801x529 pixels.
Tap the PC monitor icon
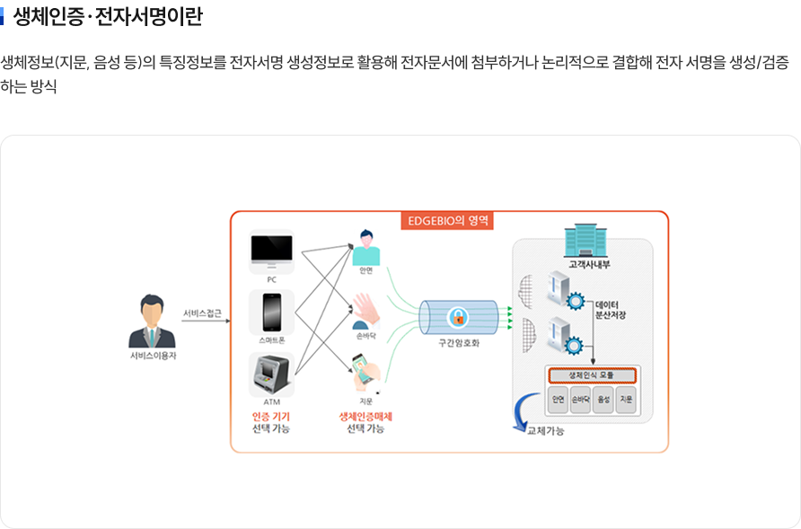pos(271,252)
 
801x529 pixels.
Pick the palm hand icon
pos(365,309)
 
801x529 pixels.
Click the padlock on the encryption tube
pos(458,317)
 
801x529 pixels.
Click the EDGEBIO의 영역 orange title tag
pos(447,219)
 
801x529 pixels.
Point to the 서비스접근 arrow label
pos(202,313)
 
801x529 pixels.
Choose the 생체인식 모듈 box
pos(590,375)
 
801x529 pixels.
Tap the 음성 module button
pos(603,401)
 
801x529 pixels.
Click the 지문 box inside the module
pos(626,401)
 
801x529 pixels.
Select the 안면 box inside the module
pos(558,401)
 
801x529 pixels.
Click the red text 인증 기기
pos(271,417)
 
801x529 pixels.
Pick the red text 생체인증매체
pos(365,417)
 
